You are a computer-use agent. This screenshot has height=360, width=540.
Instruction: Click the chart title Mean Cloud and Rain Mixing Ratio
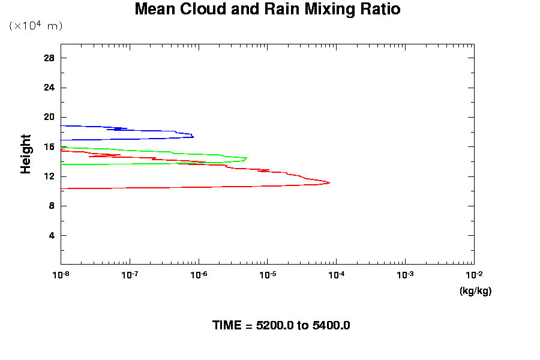pyautogui.click(x=267, y=10)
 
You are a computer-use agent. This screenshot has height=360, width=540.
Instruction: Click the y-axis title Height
pyautogui.click(x=26, y=154)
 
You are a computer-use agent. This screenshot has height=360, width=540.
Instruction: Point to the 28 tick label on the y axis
pyautogui.click(x=49, y=58)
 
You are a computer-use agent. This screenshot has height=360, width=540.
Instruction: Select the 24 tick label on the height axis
pyautogui.click(x=49, y=88)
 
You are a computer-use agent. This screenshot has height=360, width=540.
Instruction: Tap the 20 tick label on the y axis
pyautogui.click(x=49, y=117)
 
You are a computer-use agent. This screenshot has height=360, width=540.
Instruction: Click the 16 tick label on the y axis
pyautogui.click(x=49, y=146)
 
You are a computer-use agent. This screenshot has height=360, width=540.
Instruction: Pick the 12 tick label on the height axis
pyautogui.click(x=49, y=176)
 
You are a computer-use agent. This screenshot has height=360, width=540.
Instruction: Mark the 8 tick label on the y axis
pyautogui.click(x=52, y=206)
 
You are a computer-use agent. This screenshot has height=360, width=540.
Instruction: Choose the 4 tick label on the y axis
pyautogui.click(x=52, y=235)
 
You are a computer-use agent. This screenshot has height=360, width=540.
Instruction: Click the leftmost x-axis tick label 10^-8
pyautogui.click(x=60, y=275)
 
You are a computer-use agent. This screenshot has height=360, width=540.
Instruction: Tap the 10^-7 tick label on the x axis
pyautogui.click(x=129, y=275)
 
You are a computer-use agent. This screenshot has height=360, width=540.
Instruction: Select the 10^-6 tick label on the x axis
pyautogui.click(x=198, y=275)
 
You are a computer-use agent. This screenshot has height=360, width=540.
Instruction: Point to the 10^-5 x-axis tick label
pyautogui.click(x=267, y=275)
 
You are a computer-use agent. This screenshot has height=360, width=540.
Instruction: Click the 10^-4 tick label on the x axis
pyautogui.click(x=336, y=275)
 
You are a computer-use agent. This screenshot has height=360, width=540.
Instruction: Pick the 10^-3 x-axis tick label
pyautogui.click(x=405, y=275)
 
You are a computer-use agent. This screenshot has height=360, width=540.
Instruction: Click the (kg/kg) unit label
pyautogui.click(x=475, y=291)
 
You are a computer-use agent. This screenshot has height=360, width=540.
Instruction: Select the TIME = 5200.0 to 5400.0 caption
pyautogui.click(x=281, y=325)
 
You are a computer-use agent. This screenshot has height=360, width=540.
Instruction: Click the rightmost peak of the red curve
pyautogui.click(x=329, y=182)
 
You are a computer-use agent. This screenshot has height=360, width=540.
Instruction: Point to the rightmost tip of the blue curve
pyautogui.click(x=193, y=136)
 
